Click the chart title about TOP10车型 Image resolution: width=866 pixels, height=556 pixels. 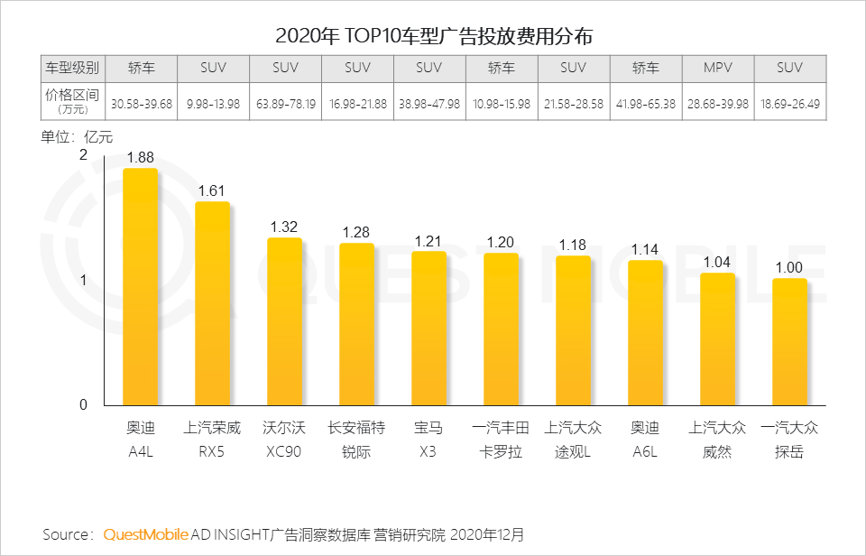point(433,36)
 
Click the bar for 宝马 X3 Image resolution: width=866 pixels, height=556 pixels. point(429,329)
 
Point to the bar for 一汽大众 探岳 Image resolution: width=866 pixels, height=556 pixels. point(790,342)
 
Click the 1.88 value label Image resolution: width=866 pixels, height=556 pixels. point(141,157)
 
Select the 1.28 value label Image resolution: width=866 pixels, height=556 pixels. point(357,232)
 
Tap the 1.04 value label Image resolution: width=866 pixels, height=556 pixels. point(718,262)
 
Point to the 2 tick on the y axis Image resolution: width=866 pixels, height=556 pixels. point(83,155)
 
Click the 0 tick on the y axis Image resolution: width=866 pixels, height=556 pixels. point(83,404)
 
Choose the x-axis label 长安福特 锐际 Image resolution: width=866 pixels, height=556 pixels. point(357,440)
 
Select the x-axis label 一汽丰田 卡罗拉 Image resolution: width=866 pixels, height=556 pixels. point(502,440)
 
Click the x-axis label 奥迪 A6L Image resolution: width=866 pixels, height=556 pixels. point(646,440)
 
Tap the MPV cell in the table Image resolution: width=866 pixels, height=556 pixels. point(718,68)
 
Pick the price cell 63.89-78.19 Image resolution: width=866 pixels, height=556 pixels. point(285,104)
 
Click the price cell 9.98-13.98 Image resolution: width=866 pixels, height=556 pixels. point(213,104)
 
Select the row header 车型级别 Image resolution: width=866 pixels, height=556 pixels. point(72,68)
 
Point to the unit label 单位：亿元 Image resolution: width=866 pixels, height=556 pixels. point(78,137)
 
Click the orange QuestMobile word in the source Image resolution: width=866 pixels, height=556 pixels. point(146,534)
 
